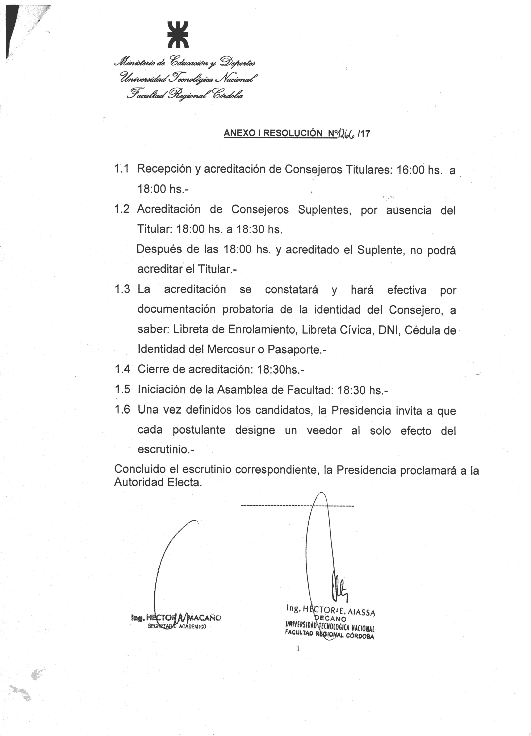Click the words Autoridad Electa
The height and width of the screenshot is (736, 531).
(158, 482)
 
